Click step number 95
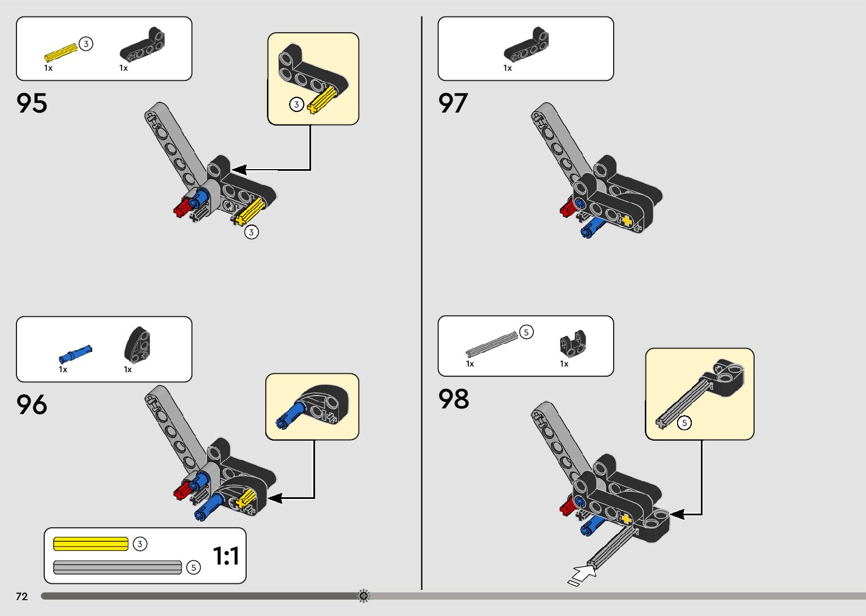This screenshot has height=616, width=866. coord(32,104)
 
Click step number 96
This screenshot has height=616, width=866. coord(32,405)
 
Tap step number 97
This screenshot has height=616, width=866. coord(453,104)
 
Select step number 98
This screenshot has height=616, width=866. coord(454,399)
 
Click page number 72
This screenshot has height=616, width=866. coord(21,596)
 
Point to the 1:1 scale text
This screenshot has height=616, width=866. coord(226,556)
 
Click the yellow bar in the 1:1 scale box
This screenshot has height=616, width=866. coord(91,544)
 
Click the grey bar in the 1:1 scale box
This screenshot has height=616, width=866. coord(117,567)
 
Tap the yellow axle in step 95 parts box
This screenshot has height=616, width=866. coord(61,52)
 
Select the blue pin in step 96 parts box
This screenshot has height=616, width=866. coord(75,354)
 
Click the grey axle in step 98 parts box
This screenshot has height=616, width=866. coord(491,344)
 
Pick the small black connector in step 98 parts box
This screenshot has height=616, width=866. coord(572,343)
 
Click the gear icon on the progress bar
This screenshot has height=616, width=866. coord(364,596)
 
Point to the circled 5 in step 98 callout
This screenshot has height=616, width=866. coord(684,423)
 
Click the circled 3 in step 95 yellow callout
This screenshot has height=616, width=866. coord(296,105)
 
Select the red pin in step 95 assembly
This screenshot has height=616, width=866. coord(182,208)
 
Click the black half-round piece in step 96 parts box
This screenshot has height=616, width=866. coord(137,345)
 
